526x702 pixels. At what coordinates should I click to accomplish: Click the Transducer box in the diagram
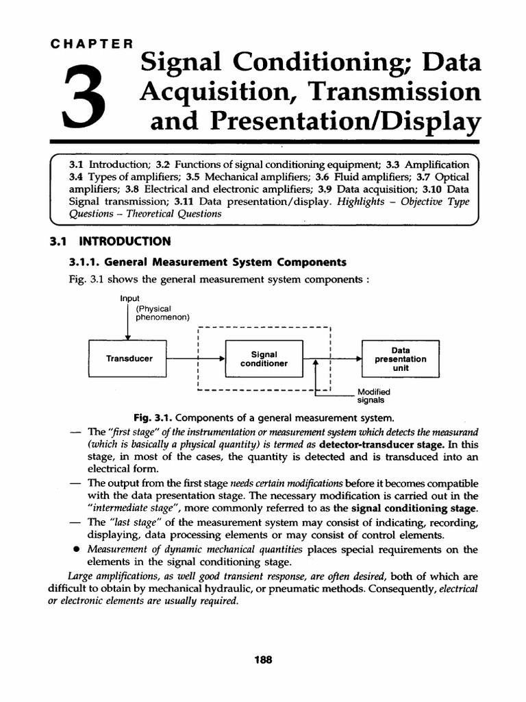click(x=129, y=359)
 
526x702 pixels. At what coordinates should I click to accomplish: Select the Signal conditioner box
click(x=264, y=359)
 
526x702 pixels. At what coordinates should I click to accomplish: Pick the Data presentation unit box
click(x=400, y=359)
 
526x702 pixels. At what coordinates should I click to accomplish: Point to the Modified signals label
click(x=371, y=396)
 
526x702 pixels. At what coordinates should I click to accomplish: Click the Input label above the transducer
click(x=129, y=299)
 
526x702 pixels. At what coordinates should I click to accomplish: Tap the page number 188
click(x=263, y=659)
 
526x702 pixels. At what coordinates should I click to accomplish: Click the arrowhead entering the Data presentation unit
click(x=358, y=359)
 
